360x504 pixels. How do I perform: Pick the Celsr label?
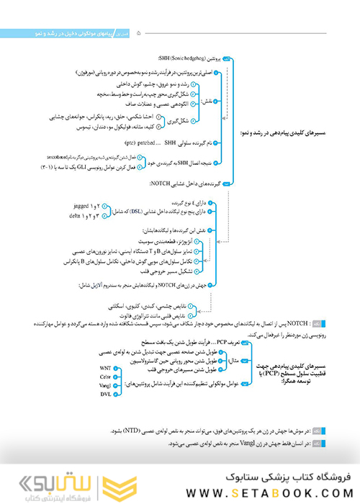105,377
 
